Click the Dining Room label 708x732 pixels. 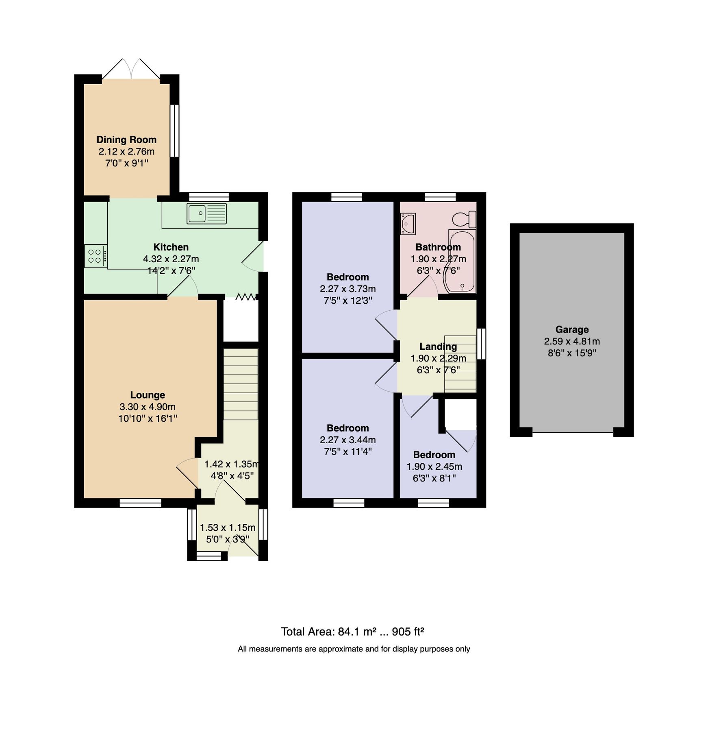pyautogui.click(x=126, y=140)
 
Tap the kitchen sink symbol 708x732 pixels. pyautogui.click(x=206, y=213)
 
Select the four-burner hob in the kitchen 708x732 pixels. pyautogui.click(x=96, y=256)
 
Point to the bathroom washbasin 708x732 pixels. pyautogui.click(x=408, y=224)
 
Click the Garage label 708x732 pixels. pyautogui.click(x=572, y=330)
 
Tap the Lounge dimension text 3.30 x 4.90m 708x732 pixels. pyautogui.click(x=148, y=407)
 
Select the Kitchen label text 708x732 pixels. pyautogui.click(x=171, y=247)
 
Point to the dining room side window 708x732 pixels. pyautogui.click(x=174, y=131)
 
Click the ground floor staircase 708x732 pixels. pyautogui.click(x=241, y=384)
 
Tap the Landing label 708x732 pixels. pyautogui.click(x=438, y=346)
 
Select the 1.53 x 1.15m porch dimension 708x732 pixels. pyautogui.click(x=228, y=528)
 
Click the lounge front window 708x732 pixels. pyautogui.click(x=141, y=503)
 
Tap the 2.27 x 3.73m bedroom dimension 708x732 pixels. pyautogui.click(x=347, y=289)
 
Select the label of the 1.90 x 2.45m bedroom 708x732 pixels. pyautogui.click(x=434, y=455)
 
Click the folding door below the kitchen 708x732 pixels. pyautogui.click(x=246, y=297)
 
